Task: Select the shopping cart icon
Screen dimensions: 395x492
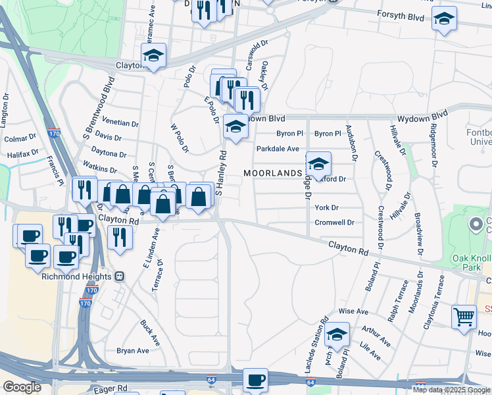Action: (464, 317)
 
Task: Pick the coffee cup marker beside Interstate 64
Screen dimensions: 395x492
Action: (255, 379)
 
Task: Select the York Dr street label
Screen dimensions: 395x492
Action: (326, 207)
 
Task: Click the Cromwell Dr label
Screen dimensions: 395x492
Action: (335, 223)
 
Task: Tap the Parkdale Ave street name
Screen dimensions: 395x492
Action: (278, 149)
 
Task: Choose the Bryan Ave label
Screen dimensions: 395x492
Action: (129, 351)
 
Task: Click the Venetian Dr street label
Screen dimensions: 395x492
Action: (122, 123)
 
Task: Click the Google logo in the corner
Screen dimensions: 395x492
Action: (22, 387)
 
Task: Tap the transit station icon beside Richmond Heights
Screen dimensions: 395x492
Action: (120, 276)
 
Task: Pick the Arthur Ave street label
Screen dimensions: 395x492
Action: (376, 336)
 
